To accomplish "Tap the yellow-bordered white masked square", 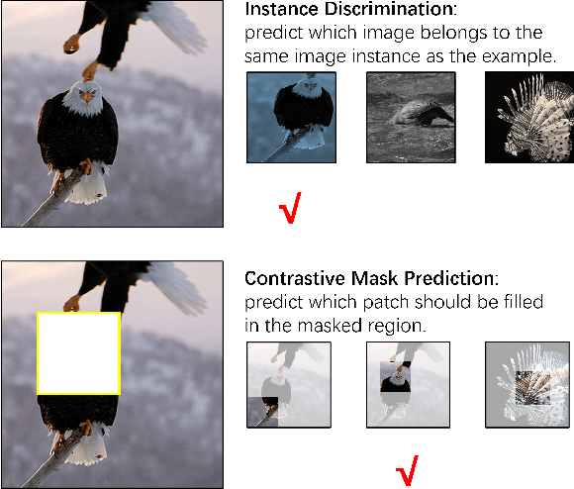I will coord(78,354).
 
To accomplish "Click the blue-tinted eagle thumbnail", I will coord(291,117).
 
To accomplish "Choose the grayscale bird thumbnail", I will coord(410,117).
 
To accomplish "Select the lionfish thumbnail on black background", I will coord(528,117).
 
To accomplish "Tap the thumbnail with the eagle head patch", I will coord(408,385).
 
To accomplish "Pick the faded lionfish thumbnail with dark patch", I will coord(527,385).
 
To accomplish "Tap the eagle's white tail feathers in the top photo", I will coord(90,189).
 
